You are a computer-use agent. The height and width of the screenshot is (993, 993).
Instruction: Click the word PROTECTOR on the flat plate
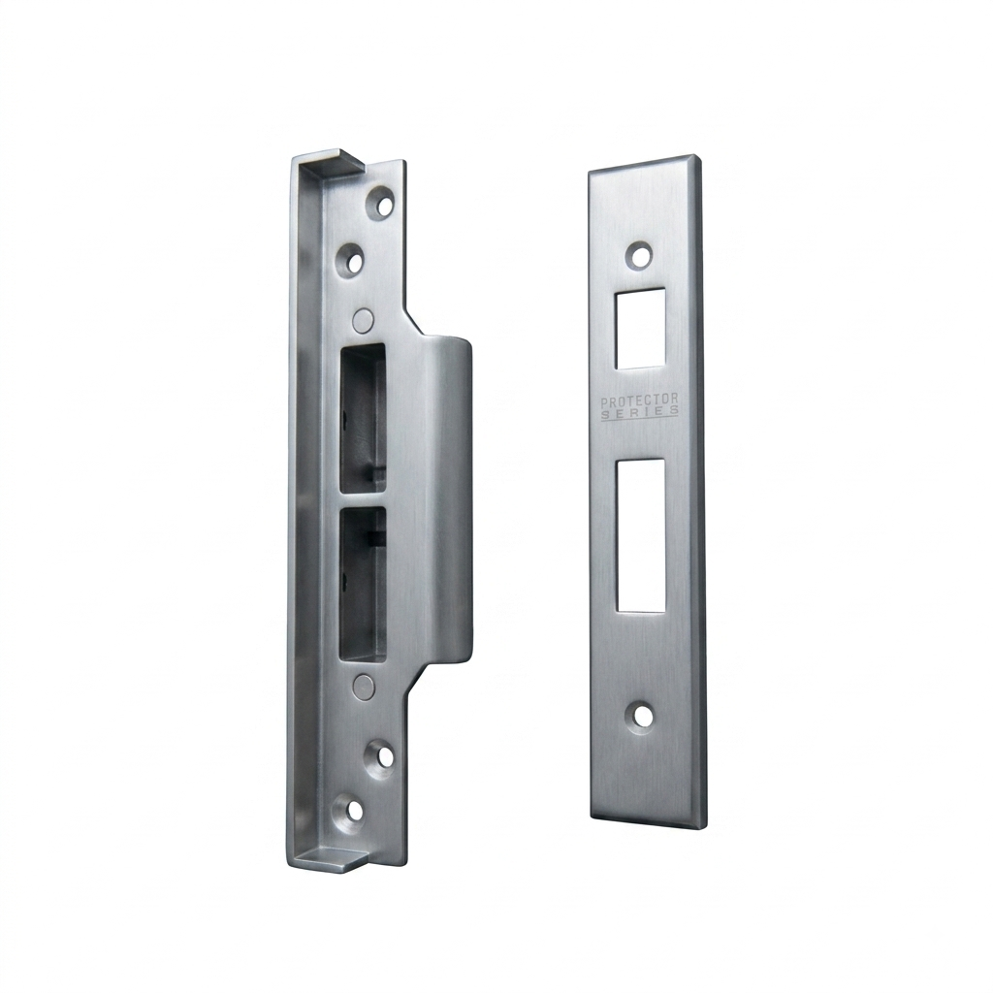640,400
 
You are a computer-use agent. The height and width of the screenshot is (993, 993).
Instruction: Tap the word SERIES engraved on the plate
640,412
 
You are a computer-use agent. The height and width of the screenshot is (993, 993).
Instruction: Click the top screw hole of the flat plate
642,256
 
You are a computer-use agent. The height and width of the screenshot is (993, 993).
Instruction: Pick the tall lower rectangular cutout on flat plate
640,535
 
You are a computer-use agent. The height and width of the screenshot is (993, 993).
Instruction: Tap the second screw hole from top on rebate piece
353,260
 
